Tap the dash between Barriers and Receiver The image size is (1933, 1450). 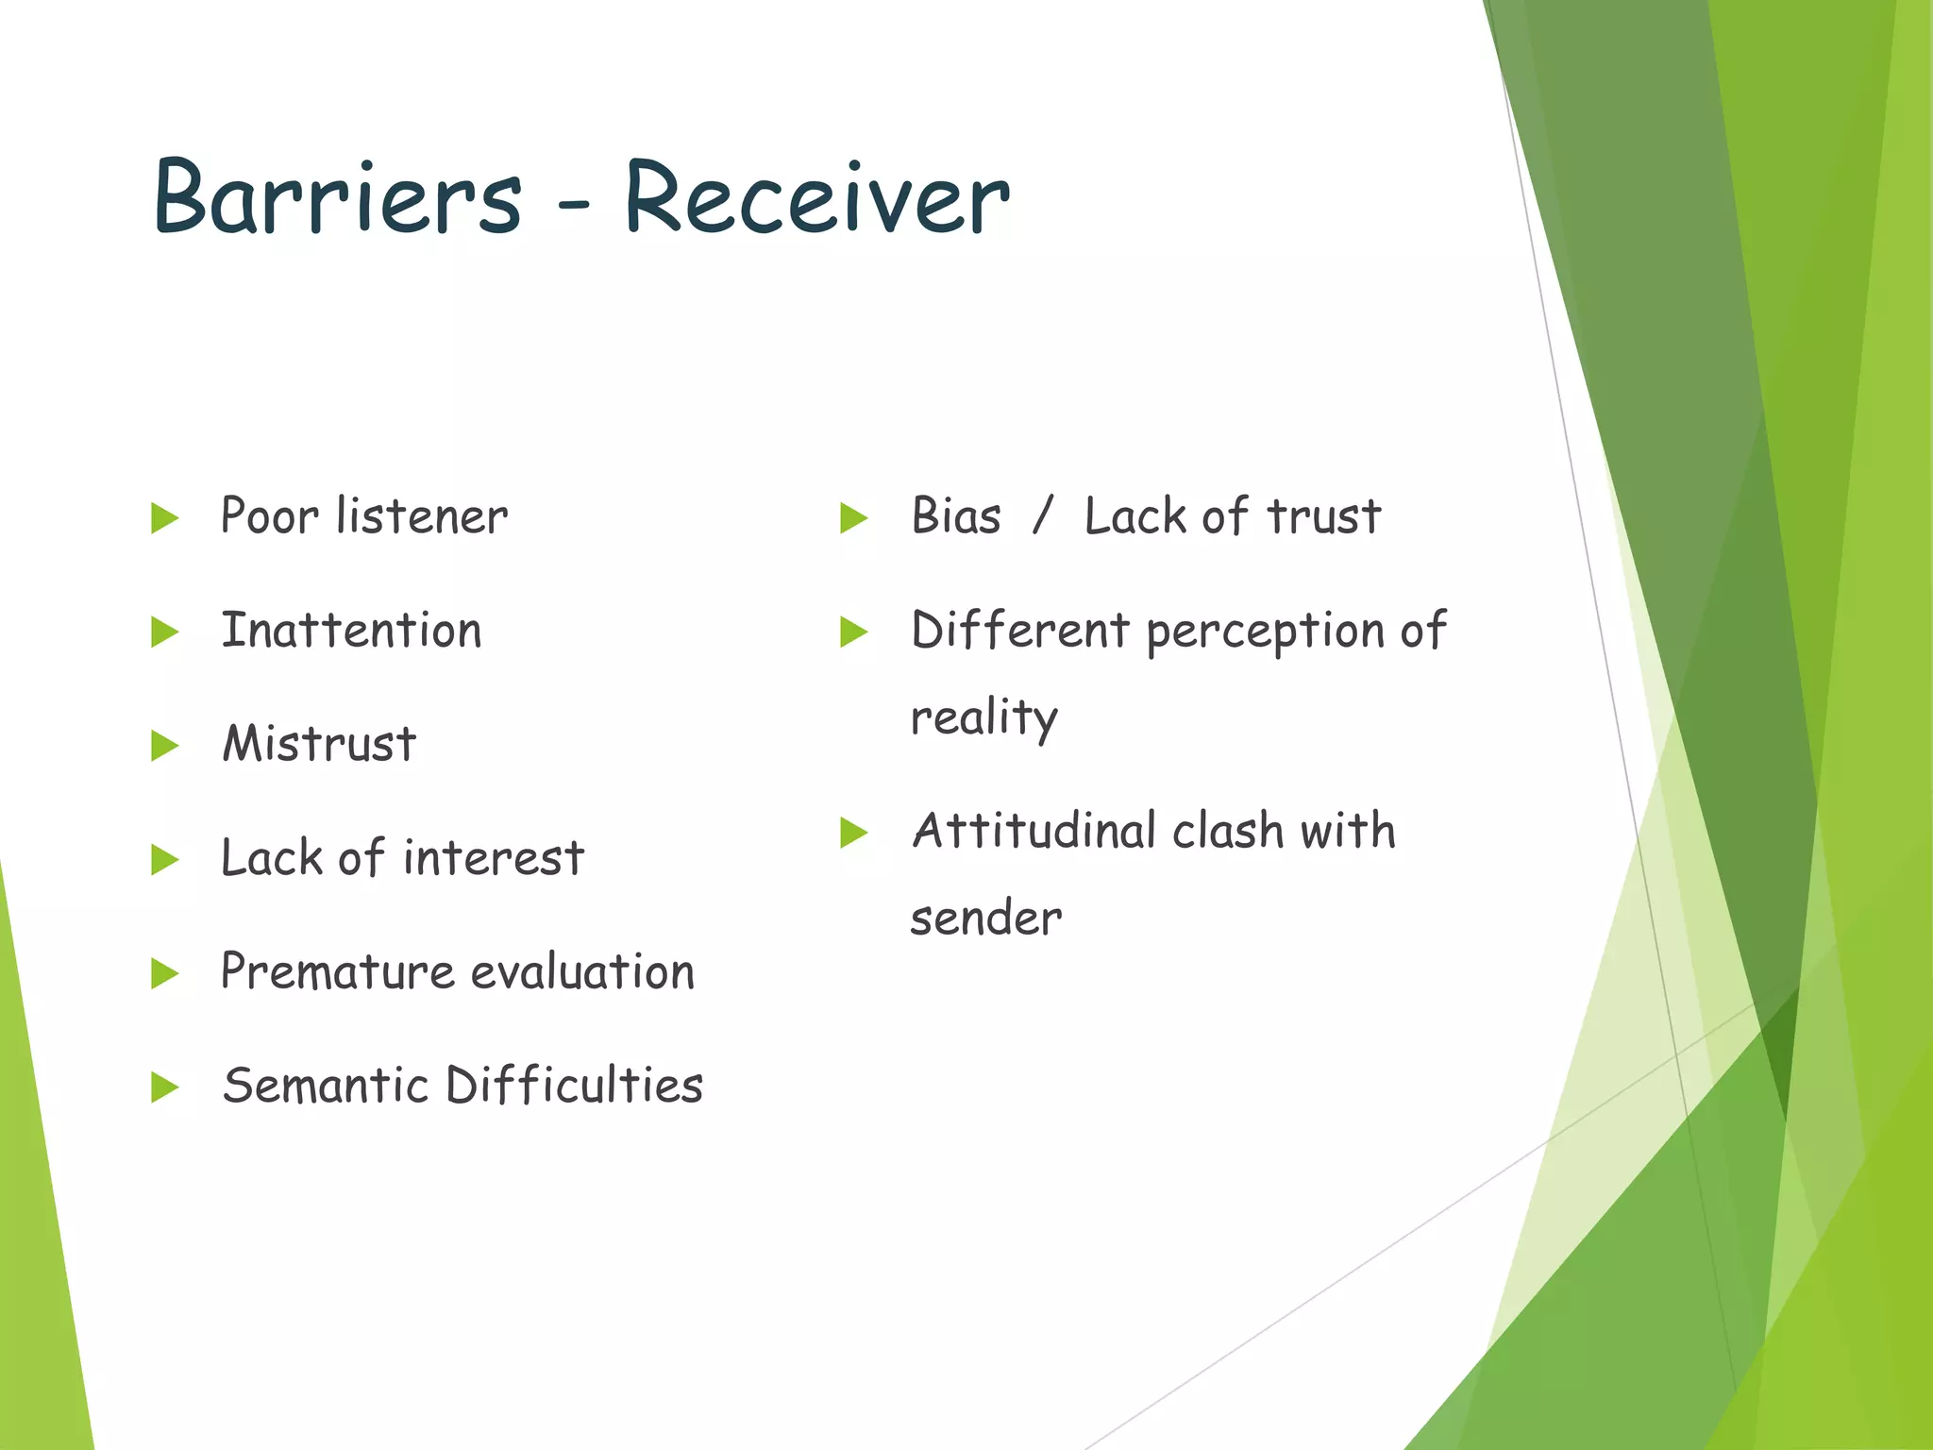[x=573, y=201]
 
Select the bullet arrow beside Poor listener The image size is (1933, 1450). [x=164, y=517]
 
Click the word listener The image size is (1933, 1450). [x=422, y=516]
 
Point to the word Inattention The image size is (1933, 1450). [x=351, y=631]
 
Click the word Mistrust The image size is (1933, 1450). [x=319, y=744]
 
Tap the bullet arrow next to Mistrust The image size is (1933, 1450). [x=164, y=746]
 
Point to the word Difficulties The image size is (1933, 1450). [x=574, y=1086]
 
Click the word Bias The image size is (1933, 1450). [x=955, y=517]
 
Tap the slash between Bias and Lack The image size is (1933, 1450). [x=1042, y=516]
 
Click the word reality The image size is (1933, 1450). [x=983, y=718]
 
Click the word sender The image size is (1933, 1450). [x=985, y=919]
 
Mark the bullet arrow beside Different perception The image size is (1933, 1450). [x=853, y=632]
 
